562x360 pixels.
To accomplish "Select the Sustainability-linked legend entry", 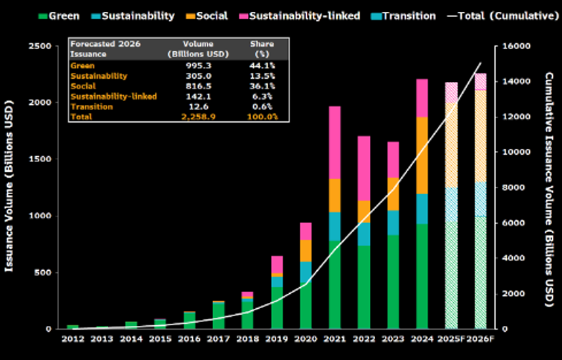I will [x=307, y=16].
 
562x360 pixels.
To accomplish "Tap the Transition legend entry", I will [x=410, y=16].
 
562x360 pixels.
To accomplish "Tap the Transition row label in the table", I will [x=91, y=106].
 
